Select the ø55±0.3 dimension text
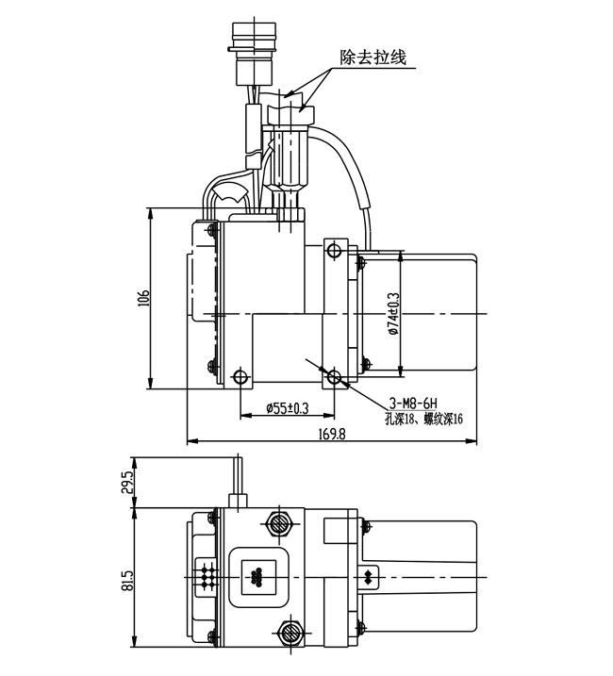287,408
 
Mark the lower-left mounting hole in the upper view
240,378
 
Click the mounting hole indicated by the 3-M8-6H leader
333,377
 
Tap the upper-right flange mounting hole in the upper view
332,250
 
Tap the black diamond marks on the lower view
369,574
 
